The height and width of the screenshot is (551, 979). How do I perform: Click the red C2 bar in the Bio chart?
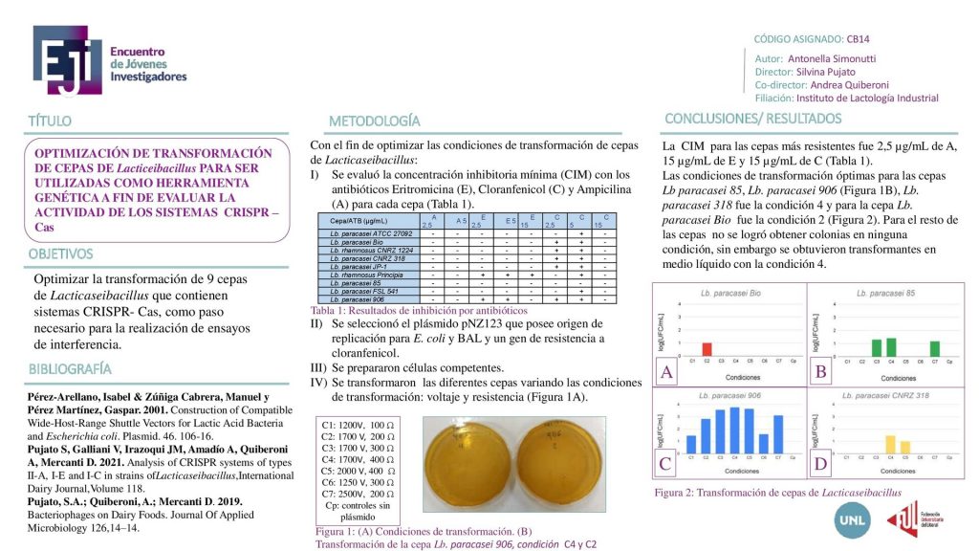click(x=706, y=349)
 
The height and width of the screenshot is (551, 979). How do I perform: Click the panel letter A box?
click(x=666, y=372)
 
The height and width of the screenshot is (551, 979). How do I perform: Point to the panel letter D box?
click(x=820, y=466)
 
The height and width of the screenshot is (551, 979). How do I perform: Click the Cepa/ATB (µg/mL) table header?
click(x=365, y=222)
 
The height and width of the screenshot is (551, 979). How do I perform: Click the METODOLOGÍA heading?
click(x=374, y=121)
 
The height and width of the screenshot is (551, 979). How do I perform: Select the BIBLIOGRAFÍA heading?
click(x=70, y=368)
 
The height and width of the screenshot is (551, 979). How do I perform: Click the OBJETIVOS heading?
click(x=60, y=253)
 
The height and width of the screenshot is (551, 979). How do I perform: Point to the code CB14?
click(x=858, y=39)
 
